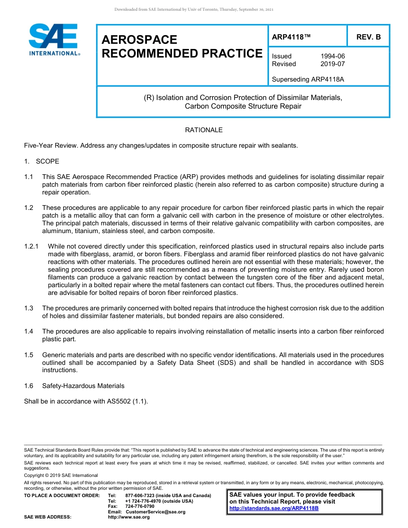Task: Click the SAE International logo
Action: coord(54,39)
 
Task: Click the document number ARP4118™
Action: coord(291,37)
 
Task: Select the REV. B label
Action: coord(368,37)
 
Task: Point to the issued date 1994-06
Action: coord(332,56)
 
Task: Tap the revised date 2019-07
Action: coord(332,64)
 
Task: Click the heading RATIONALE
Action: coord(204,130)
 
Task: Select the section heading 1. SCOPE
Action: coord(42,161)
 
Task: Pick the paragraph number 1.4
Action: coord(29,331)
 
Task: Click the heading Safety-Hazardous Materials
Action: coord(83,386)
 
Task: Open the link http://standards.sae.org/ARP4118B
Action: coord(274,508)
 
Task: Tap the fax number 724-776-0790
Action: coord(140,506)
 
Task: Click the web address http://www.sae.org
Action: coord(129,517)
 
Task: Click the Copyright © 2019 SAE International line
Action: coord(61,475)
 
